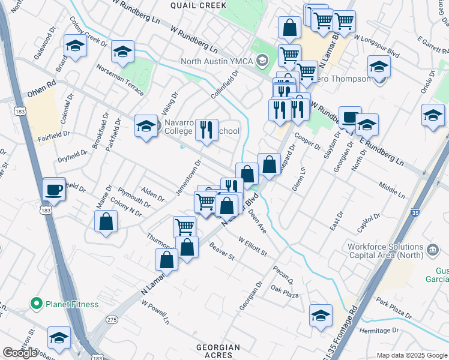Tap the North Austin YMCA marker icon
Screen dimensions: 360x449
(262, 60)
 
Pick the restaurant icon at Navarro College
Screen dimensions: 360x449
(206, 130)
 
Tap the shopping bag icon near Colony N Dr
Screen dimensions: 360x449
(106, 221)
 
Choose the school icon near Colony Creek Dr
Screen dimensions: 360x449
(76, 46)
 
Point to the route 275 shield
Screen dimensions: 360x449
(112, 320)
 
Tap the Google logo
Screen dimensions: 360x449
(20, 353)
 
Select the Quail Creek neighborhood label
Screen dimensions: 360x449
(198, 5)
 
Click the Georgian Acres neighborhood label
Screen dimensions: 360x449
(218, 351)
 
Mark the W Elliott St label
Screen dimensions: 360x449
(253, 247)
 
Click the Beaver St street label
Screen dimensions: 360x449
(222, 251)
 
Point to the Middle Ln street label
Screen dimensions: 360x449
(391, 190)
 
